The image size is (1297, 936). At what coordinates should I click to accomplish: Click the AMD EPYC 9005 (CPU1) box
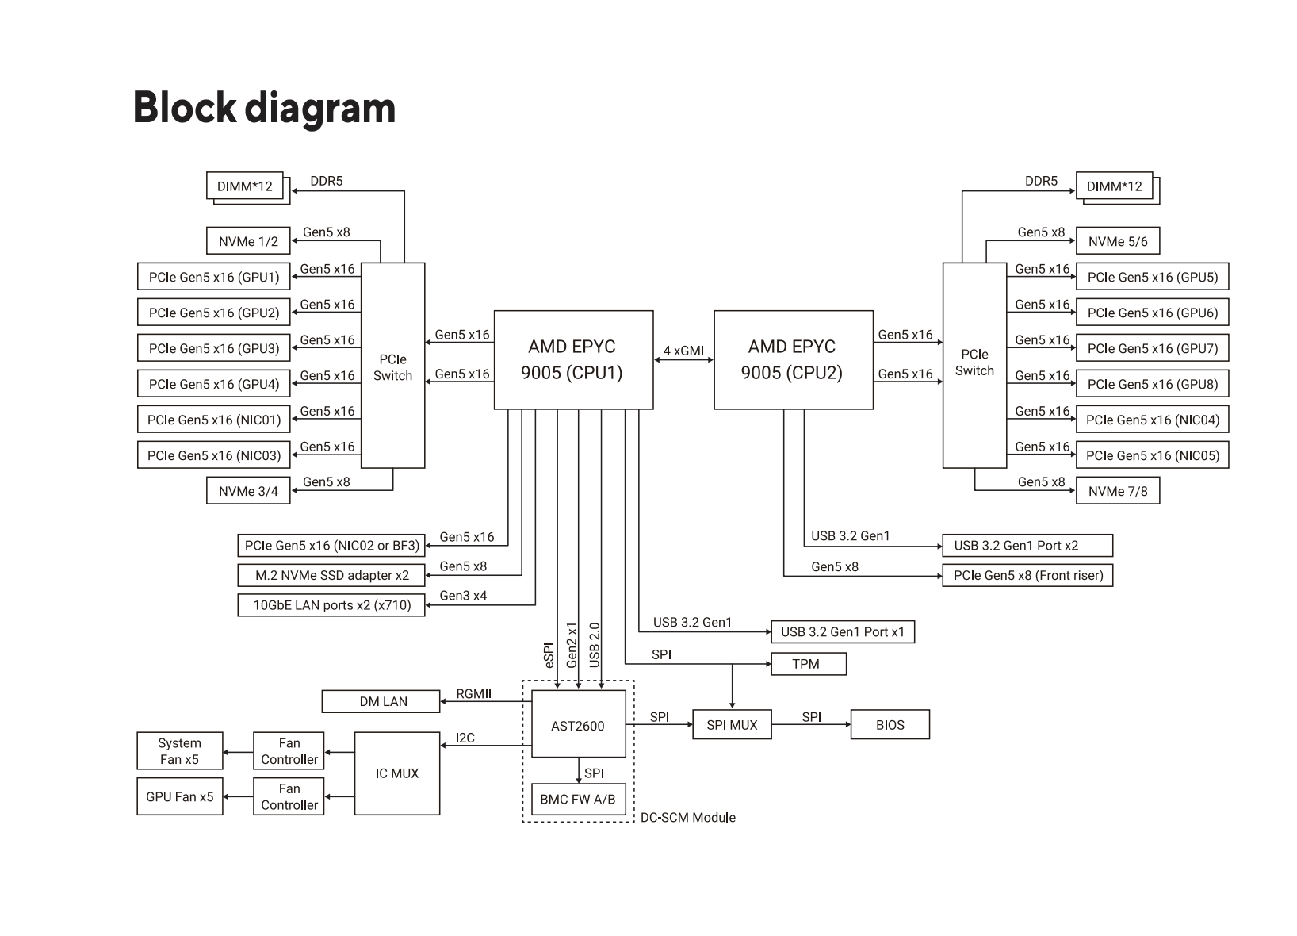pos(573,359)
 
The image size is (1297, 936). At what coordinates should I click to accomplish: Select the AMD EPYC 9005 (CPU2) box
pos(793,359)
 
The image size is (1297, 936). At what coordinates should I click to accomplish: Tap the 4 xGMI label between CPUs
pos(683,351)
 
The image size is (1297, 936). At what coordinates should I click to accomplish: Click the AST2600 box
pos(578,725)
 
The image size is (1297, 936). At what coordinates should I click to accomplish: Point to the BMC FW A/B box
pos(578,799)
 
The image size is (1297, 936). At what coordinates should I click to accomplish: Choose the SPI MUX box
pos(732,724)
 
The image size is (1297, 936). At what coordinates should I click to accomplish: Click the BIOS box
pos(890,724)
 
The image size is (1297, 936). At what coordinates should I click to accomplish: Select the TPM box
pos(808,664)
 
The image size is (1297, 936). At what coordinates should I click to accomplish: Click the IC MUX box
pos(396,773)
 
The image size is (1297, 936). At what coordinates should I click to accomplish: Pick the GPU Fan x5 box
pos(179,796)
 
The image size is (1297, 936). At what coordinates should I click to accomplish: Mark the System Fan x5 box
pos(179,751)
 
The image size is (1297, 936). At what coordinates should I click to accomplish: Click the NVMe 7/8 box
pos(1118,491)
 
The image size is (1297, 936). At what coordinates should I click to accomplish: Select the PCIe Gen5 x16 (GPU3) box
pos(214,348)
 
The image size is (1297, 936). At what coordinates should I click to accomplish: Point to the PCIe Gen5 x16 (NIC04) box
pos(1152,420)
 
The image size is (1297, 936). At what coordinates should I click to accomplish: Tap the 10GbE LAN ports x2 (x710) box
pos(331,604)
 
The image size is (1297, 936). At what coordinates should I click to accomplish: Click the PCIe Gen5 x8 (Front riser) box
pos(1027,575)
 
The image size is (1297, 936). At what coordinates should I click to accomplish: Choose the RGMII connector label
pos(473,694)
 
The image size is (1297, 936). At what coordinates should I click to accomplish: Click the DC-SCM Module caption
pos(687,817)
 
